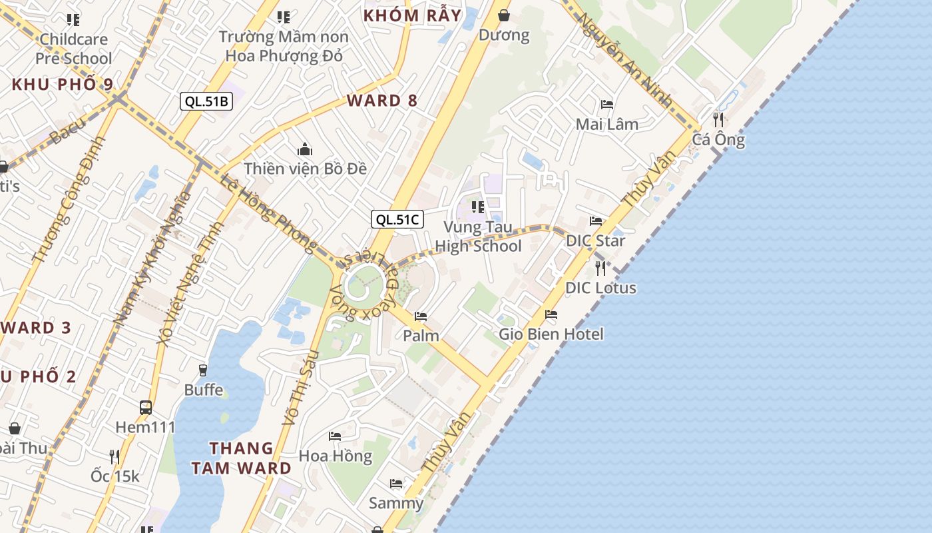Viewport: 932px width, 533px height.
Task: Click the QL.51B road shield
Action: (206, 101)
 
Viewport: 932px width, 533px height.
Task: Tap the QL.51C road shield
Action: (397, 219)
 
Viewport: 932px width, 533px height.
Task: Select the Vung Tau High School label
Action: (478, 237)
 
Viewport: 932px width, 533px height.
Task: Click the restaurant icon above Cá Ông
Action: (718, 120)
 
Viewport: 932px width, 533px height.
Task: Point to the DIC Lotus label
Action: (600, 288)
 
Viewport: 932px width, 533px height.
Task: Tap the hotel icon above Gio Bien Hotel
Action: (551, 314)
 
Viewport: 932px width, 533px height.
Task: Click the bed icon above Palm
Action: (420, 316)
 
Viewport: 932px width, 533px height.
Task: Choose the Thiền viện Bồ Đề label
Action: (305, 169)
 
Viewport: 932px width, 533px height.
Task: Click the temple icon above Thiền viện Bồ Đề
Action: (305, 149)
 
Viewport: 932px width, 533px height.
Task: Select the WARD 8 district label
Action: (382, 101)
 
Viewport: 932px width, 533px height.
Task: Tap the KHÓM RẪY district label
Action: (412, 15)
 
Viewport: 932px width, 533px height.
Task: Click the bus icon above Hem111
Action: (145, 407)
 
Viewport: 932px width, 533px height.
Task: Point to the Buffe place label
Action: (204, 389)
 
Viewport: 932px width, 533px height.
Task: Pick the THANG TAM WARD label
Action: (241, 458)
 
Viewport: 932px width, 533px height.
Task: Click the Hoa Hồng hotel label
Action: (335, 456)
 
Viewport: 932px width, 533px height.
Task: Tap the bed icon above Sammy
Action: (396, 484)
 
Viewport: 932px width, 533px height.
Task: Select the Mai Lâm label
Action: (606, 124)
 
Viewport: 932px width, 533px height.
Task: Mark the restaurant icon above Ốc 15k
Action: (115, 456)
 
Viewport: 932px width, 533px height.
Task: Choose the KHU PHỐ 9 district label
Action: (63, 85)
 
